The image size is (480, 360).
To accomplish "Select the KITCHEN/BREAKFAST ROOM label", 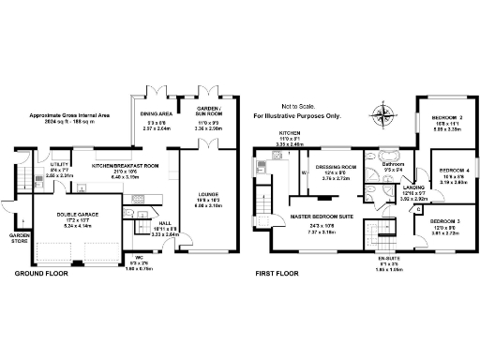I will point(125,164).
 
